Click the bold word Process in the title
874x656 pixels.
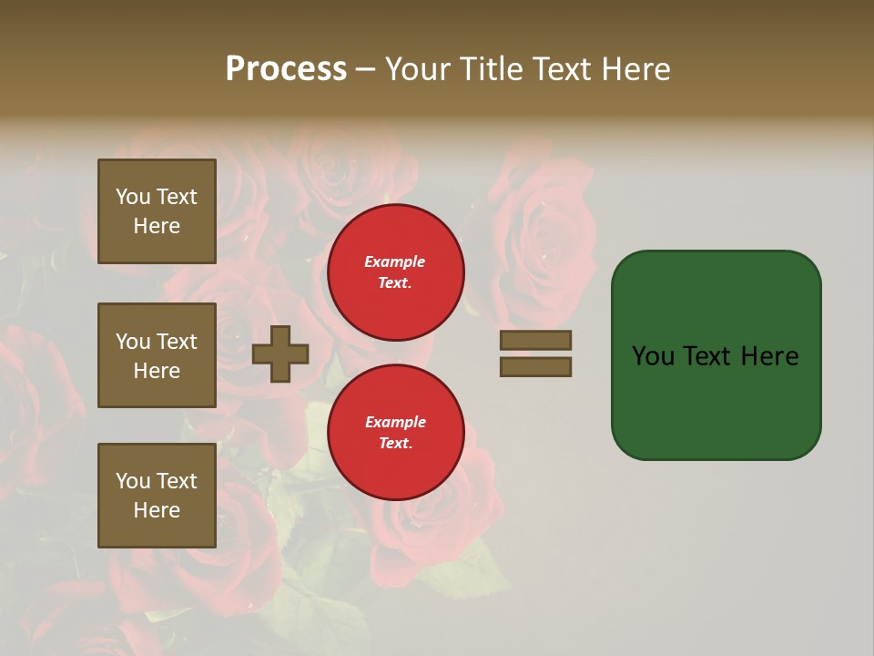point(286,69)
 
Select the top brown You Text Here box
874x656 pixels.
point(157,211)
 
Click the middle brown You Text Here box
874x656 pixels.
point(157,355)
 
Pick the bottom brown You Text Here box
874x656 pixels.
point(157,496)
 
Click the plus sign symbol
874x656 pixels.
point(280,354)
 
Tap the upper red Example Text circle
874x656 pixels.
point(396,272)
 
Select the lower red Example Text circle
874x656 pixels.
point(396,433)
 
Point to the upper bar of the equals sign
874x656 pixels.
point(535,340)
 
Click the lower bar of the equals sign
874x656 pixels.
point(535,367)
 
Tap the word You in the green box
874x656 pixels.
point(653,356)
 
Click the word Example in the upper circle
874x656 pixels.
point(395,261)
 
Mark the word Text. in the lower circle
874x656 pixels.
point(395,444)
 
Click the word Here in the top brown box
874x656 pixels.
point(157,226)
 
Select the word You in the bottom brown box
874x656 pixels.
point(133,481)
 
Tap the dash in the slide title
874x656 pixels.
point(366,70)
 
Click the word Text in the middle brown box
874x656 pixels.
point(176,342)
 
